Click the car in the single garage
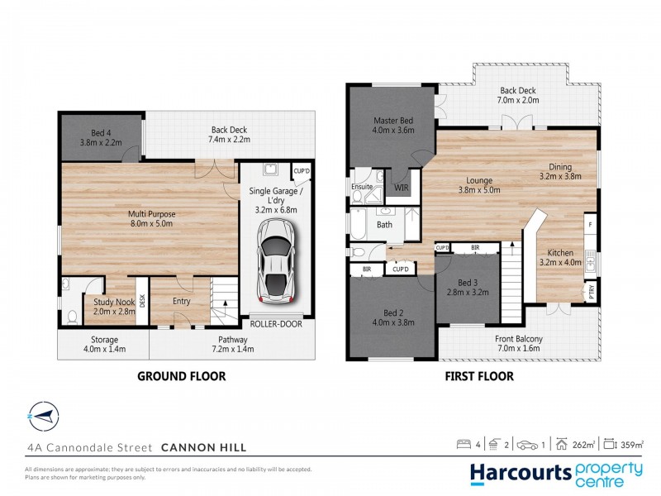[276, 258]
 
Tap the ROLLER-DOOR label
[276, 324]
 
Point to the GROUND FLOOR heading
[181, 376]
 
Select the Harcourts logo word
[521, 472]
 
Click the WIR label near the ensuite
[402, 188]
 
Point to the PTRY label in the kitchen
[592, 290]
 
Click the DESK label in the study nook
[142, 302]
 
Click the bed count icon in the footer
[464, 445]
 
